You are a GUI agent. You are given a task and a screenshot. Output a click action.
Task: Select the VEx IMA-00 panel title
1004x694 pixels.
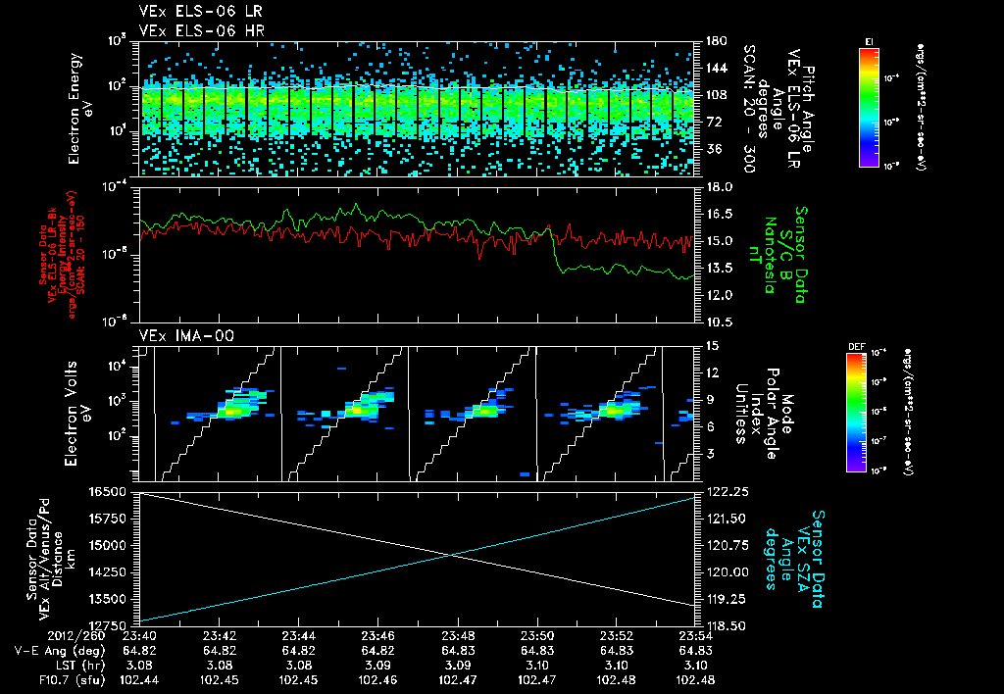(x=179, y=335)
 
